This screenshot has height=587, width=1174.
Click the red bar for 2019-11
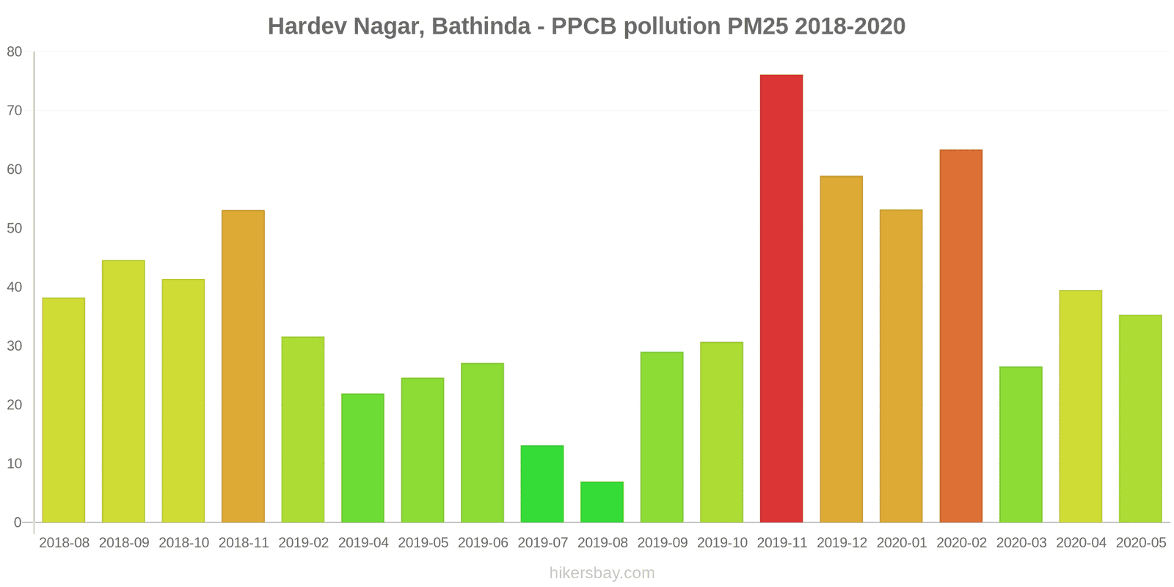781,299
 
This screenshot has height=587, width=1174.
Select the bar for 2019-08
602,503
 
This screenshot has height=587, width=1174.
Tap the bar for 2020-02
960,336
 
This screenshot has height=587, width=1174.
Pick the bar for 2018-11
243,367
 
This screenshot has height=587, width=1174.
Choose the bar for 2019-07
542,484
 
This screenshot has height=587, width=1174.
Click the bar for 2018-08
64,410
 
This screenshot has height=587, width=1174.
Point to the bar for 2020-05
1140,419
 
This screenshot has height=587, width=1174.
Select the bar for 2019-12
841,349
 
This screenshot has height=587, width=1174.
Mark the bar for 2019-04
362,459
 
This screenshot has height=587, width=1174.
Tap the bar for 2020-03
1021,445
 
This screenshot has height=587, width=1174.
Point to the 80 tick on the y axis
15,52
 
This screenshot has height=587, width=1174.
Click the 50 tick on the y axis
15,228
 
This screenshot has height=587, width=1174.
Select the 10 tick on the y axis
15,464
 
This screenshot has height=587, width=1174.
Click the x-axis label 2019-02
303,543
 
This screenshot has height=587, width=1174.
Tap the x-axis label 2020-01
901,543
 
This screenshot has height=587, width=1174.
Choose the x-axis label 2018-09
124,543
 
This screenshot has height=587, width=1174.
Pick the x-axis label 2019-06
483,543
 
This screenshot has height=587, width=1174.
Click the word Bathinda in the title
481,26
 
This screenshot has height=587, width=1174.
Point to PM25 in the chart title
758,26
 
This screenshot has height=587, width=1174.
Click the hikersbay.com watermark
602,573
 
